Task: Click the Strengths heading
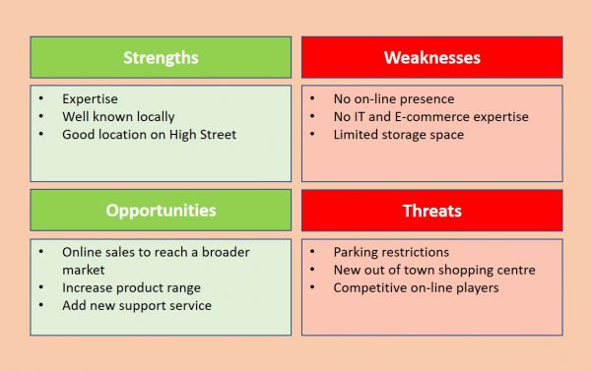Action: point(161,57)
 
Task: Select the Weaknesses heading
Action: point(431,57)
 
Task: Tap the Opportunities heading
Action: point(161,211)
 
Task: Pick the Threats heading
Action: point(431,211)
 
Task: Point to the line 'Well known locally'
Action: point(119,117)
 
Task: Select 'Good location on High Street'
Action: point(149,135)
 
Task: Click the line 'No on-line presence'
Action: point(393,99)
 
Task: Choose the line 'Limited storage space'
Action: point(398,135)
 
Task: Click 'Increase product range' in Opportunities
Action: point(131,287)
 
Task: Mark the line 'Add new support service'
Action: point(137,305)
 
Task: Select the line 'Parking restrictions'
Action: point(391,252)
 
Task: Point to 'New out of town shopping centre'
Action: point(434,270)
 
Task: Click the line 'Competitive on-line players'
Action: point(416,287)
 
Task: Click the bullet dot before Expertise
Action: point(41,99)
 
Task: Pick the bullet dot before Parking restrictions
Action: point(312,252)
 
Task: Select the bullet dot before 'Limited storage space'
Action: point(312,135)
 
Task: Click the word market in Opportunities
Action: point(85,270)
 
